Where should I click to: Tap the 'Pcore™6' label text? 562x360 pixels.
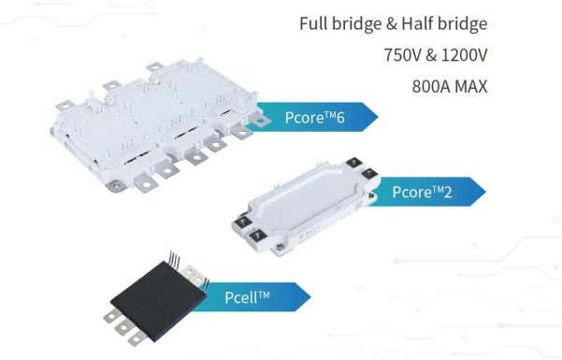point(315,117)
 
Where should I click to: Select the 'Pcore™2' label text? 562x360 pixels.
point(422,192)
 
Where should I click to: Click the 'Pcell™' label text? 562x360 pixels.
point(247,297)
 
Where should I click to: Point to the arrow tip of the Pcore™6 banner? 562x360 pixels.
point(378,117)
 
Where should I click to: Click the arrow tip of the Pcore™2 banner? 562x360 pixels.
point(485,192)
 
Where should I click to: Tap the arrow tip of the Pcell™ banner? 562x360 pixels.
point(310,296)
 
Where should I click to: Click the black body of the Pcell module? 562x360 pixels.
point(158,300)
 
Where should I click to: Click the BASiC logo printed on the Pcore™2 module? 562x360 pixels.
point(310,231)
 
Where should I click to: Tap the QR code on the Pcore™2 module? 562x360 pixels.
point(358,206)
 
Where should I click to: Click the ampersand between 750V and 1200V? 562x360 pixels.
point(431,55)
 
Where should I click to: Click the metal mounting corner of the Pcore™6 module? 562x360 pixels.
point(116,185)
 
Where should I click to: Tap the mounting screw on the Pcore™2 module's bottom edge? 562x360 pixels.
point(280,247)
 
